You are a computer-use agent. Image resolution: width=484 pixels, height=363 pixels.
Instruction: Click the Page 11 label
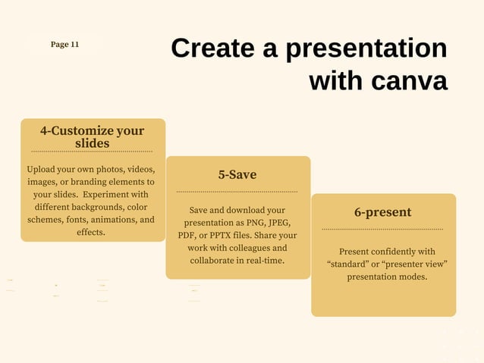coord(64,45)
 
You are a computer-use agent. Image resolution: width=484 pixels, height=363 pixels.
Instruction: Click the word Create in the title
coord(212,49)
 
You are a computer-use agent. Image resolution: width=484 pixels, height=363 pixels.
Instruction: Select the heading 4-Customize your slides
coord(92,136)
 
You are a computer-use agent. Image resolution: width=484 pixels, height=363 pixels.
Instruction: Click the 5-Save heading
coord(237,175)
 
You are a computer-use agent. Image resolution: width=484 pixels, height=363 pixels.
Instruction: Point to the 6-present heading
coord(382,212)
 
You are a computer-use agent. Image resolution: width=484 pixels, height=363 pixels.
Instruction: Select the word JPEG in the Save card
coord(275,223)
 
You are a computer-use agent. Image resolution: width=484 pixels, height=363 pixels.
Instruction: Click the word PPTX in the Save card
coord(226,236)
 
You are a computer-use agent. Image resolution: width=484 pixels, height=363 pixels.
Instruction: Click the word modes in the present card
coord(410,277)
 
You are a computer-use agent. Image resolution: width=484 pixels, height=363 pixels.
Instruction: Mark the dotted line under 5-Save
coord(237,192)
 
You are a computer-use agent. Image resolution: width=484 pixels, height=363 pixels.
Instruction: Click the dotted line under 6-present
coord(382,229)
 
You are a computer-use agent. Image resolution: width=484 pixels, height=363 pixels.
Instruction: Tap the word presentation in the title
coord(366,49)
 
